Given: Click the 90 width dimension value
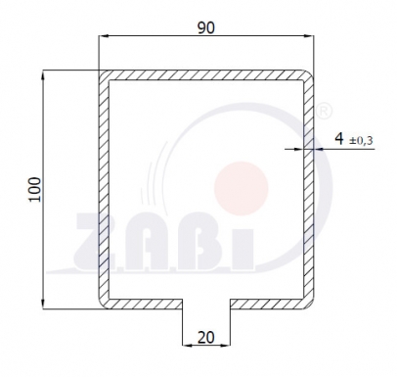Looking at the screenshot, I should (x=206, y=27).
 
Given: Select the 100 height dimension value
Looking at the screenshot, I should (x=36, y=189).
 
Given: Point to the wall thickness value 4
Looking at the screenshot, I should (x=338, y=140).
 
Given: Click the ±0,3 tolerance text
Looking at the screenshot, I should (x=361, y=141).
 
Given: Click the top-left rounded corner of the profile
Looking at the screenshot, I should (x=104, y=75).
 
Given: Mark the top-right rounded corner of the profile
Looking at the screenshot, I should (x=310, y=75).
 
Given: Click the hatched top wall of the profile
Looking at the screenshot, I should (x=206, y=74).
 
